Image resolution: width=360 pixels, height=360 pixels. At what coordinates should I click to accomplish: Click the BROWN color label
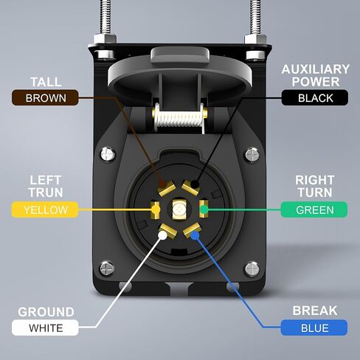(x=45, y=97)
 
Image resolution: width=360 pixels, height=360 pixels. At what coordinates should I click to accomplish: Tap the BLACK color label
(x=315, y=97)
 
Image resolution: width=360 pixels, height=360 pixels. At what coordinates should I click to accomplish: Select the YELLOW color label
(x=45, y=210)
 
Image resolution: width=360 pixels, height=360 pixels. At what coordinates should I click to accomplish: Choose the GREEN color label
(x=314, y=210)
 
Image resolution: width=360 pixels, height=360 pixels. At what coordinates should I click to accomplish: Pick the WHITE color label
(x=45, y=328)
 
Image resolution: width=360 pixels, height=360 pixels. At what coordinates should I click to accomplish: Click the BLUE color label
(x=314, y=328)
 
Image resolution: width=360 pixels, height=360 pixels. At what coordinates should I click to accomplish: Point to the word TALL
(x=46, y=82)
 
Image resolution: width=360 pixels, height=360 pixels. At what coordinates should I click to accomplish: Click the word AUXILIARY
(x=316, y=69)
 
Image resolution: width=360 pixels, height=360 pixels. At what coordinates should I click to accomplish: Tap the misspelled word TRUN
(x=46, y=193)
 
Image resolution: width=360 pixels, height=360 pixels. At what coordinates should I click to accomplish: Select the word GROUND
(x=46, y=312)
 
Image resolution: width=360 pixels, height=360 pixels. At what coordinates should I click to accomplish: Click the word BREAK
(x=315, y=311)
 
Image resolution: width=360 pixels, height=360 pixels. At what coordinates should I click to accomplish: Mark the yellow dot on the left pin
(x=156, y=210)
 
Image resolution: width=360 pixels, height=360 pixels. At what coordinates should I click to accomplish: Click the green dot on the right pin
(x=204, y=210)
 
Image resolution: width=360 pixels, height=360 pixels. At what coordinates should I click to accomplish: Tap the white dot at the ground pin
(x=162, y=235)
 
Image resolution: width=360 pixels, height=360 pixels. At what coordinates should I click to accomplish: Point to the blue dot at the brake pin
(x=195, y=236)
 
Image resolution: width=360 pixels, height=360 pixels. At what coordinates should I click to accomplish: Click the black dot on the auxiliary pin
(x=195, y=184)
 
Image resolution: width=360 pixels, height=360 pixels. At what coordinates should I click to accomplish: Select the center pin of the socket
(x=179, y=210)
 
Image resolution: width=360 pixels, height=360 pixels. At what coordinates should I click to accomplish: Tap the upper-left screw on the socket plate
(x=108, y=154)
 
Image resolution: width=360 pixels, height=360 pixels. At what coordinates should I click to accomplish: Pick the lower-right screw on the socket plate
(x=252, y=269)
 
